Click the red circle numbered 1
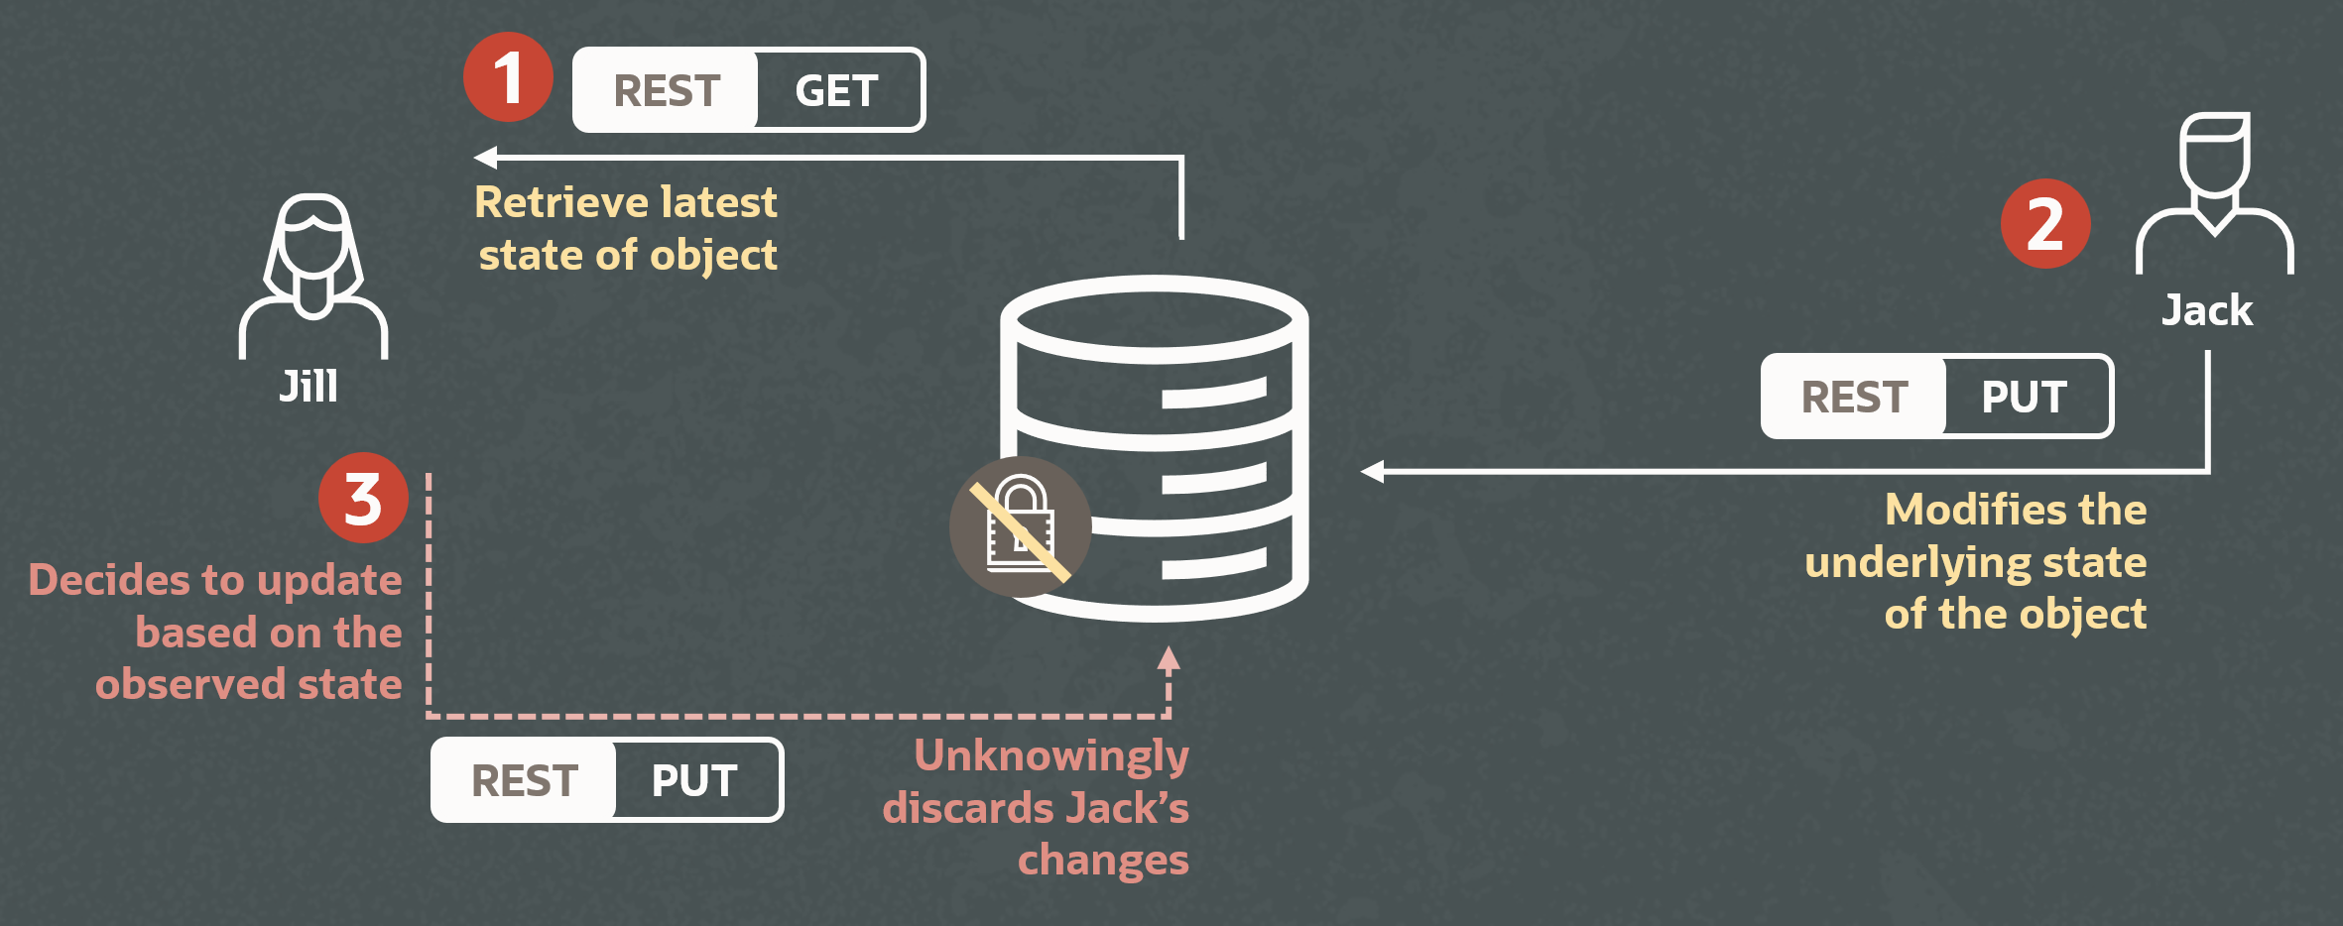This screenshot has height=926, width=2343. [508, 77]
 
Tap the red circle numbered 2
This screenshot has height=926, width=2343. [2045, 224]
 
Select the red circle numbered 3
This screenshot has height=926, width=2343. [363, 498]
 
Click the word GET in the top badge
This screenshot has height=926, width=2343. [836, 91]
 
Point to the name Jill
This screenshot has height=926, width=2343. [308, 386]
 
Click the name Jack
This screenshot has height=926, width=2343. [2207, 310]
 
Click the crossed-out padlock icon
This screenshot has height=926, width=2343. [1021, 526]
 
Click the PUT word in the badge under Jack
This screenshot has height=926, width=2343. [2024, 397]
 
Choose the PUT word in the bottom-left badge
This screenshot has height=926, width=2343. [694, 780]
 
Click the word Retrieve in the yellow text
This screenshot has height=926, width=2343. [556, 202]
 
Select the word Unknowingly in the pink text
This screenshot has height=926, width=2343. [1051, 755]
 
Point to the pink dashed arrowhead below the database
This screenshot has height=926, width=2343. [1170, 659]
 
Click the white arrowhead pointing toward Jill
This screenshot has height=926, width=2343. [486, 157]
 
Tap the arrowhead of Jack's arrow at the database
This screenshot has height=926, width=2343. [1373, 472]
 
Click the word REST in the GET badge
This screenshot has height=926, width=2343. [667, 91]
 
